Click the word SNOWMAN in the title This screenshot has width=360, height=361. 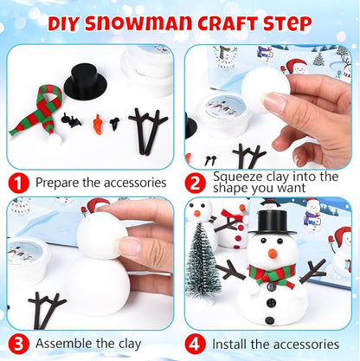click(x=138, y=23)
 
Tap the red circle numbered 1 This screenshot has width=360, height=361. click(x=19, y=183)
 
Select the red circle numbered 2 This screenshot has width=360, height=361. click(x=196, y=183)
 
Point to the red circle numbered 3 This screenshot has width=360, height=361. click(x=19, y=345)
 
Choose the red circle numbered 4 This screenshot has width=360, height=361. click(x=196, y=345)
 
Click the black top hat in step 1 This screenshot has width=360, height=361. click(x=86, y=81)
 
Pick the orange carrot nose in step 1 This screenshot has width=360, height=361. click(x=99, y=125)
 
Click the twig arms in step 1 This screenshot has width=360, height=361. click(x=148, y=131)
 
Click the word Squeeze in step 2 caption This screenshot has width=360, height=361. click(x=238, y=177)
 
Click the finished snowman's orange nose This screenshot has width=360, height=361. click(x=273, y=254)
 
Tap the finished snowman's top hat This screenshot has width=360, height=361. click(x=273, y=222)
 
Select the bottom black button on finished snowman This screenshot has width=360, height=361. click(x=269, y=320)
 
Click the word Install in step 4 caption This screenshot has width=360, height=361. click(x=229, y=344)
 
